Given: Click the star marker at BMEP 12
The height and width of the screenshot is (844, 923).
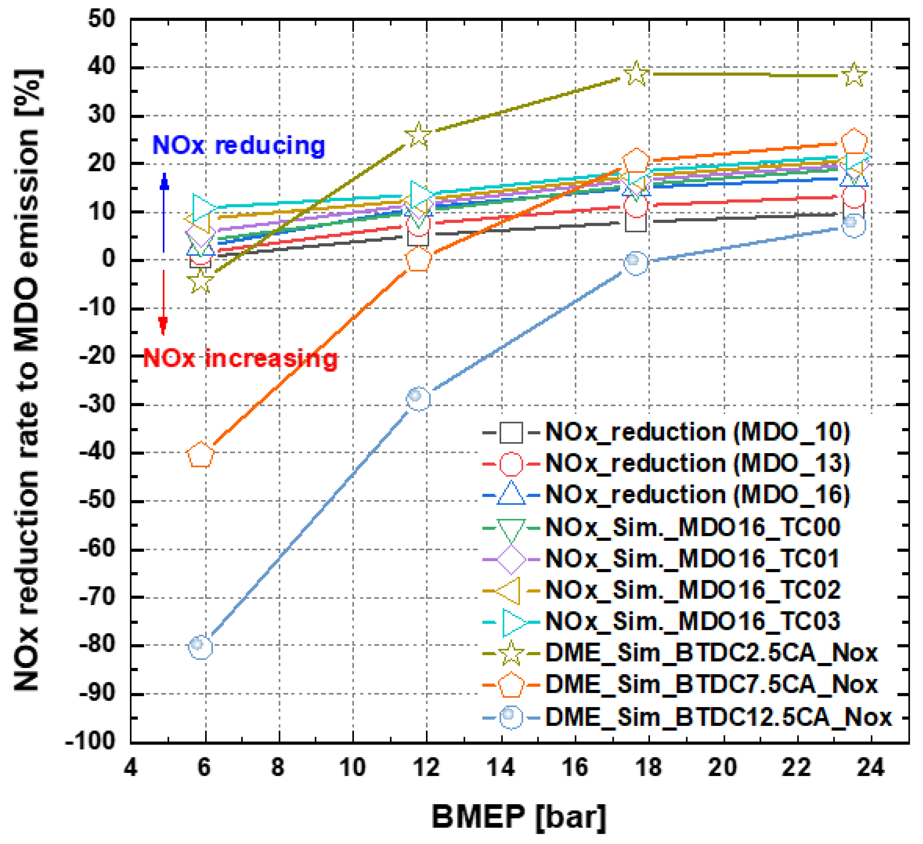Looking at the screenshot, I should click(x=418, y=135).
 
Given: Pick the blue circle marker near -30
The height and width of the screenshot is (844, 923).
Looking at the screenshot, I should click(x=418, y=398).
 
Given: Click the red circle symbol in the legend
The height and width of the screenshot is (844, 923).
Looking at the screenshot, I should click(x=511, y=463).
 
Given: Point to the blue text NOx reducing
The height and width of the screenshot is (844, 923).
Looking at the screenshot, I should click(x=238, y=145).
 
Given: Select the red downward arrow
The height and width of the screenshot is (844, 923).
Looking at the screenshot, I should click(x=163, y=302).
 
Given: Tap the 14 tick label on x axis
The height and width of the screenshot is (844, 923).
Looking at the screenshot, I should click(x=501, y=767).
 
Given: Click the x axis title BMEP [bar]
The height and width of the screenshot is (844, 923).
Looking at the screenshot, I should click(x=519, y=817).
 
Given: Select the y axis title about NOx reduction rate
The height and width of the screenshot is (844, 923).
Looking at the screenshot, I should click(x=27, y=380).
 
